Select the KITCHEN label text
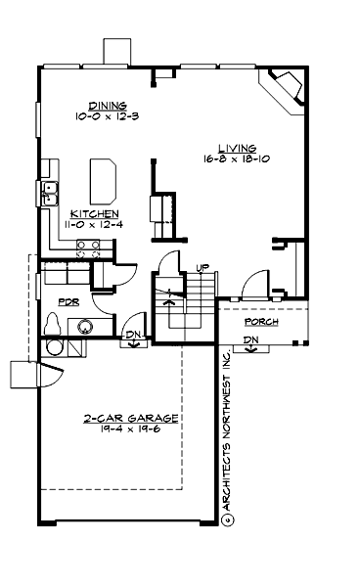pos(96,213)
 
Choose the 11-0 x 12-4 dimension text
pos(96,224)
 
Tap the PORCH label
pos(262,321)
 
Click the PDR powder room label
pos(68,302)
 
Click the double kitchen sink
pos(51,192)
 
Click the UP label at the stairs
pos(202,268)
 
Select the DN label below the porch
pos(250,340)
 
